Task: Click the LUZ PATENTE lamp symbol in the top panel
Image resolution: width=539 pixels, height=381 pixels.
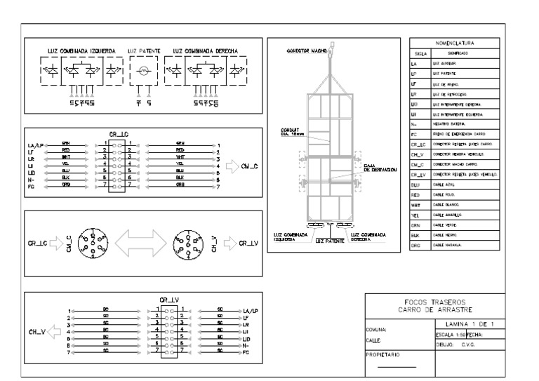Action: click(x=145, y=72)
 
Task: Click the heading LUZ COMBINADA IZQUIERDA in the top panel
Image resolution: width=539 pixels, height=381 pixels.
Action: click(x=81, y=52)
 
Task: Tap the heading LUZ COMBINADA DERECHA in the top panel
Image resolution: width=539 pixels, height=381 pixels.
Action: click(x=201, y=52)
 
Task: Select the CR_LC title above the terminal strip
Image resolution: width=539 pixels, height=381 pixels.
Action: click(x=117, y=133)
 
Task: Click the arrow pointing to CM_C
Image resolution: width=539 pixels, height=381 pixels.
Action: click(x=229, y=167)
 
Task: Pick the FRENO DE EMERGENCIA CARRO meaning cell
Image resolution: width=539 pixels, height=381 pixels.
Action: click(x=465, y=133)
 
